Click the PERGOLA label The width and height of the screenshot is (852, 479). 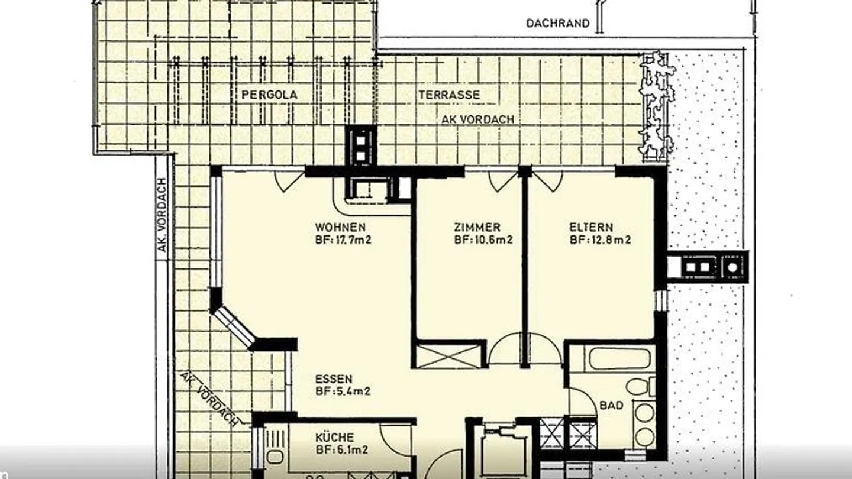pyautogui.click(x=269, y=95)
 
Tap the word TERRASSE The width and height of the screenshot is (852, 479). pyautogui.click(x=449, y=95)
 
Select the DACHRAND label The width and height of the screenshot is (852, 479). pyautogui.click(x=557, y=24)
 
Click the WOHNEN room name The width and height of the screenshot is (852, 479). pyautogui.click(x=340, y=227)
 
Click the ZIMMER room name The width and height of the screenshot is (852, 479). pyautogui.click(x=477, y=227)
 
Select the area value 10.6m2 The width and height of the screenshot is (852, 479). pyautogui.click(x=493, y=240)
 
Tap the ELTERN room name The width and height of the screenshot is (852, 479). pyautogui.click(x=591, y=227)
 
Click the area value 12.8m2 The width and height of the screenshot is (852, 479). pyautogui.click(x=611, y=240)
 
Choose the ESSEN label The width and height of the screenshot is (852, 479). pyautogui.click(x=334, y=379)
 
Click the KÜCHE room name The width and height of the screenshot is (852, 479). pyautogui.click(x=335, y=438)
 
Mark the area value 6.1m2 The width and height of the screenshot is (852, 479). pyautogui.click(x=351, y=450)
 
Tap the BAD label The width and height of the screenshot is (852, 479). pyautogui.click(x=612, y=406)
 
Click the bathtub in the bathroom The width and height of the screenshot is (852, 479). pyautogui.click(x=620, y=358)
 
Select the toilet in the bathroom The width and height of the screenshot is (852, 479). pyautogui.click(x=641, y=386)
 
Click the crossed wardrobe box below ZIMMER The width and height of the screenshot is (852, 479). pyautogui.click(x=449, y=356)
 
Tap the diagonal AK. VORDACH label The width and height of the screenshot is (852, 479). pyautogui.click(x=209, y=398)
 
